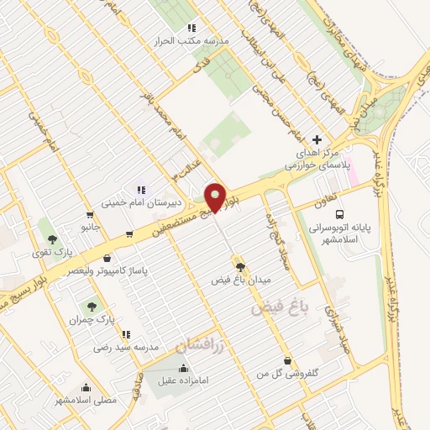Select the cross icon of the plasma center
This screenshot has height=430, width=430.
pos(317,139)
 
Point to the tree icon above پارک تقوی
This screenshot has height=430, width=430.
pos(52,217)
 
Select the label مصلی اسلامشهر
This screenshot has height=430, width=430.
pos(86,401)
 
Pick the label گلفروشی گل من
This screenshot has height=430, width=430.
pos(288,373)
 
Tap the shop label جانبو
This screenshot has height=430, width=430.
pos(91,228)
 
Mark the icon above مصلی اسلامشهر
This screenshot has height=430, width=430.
pos(86,387)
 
